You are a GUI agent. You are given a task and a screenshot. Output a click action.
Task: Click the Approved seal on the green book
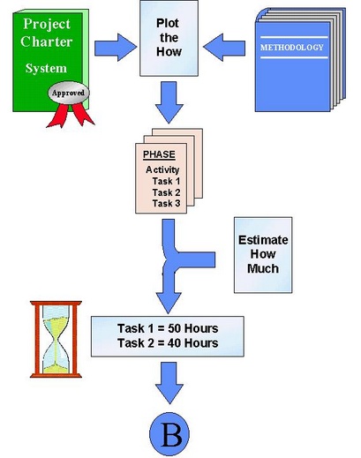pyautogui.click(x=69, y=93)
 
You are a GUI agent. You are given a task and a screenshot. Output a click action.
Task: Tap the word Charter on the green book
pyautogui.click(x=47, y=41)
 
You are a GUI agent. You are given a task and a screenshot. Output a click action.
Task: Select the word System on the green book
pyautogui.click(x=46, y=69)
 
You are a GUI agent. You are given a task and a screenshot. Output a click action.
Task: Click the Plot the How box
pyautogui.click(x=169, y=38)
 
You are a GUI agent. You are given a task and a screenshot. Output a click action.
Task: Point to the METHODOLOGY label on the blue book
pyautogui.click(x=291, y=48)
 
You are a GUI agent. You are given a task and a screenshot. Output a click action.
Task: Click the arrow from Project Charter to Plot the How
pyautogui.click(x=116, y=48)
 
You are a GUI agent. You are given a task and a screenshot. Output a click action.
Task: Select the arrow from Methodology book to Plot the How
pyautogui.click(x=224, y=48)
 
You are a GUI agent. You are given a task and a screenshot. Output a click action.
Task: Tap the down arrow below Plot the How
pyautogui.click(x=169, y=102)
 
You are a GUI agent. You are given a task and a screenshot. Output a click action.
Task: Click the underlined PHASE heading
pyautogui.click(x=159, y=154)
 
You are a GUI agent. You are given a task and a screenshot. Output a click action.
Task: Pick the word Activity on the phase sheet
pyautogui.click(x=162, y=169)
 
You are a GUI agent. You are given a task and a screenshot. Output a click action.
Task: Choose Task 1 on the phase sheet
pyautogui.click(x=166, y=181)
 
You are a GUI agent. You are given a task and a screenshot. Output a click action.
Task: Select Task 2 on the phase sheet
pyautogui.click(x=166, y=192)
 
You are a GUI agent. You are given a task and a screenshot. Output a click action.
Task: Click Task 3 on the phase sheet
pyautogui.click(x=166, y=203)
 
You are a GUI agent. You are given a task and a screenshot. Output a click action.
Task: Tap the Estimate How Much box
pyautogui.click(x=263, y=255)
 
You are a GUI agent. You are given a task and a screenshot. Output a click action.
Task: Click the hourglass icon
pyautogui.click(x=56, y=339)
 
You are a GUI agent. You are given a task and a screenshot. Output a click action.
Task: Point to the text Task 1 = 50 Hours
pyautogui.click(x=168, y=328)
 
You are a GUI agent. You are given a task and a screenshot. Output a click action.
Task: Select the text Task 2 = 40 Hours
pyautogui.click(x=168, y=343)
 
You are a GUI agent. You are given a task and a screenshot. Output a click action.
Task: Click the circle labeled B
pyautogui.click(x=169, y=434)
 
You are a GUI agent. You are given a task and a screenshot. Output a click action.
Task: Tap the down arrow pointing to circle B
pyautogui.click(x=169, y=383)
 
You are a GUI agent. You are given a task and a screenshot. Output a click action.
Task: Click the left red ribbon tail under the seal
pyautogui.click(x=58, y=116)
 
